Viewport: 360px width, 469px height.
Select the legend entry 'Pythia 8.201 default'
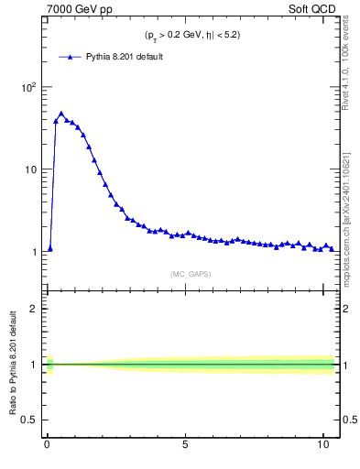125,57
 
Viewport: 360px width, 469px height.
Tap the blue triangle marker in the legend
71,57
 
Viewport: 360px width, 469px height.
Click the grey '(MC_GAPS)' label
191,273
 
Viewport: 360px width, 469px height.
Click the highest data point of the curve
61,115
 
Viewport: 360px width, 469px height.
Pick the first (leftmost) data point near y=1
50,248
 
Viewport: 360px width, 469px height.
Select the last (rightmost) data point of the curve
332,248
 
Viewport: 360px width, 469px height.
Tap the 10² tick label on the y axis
29,88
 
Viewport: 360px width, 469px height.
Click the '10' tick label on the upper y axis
31,169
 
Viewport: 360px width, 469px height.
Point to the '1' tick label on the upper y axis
34,252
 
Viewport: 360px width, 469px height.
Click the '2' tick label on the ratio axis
34,309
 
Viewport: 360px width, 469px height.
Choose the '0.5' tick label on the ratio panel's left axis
29,420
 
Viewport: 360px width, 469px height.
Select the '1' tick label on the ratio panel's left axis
34,365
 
